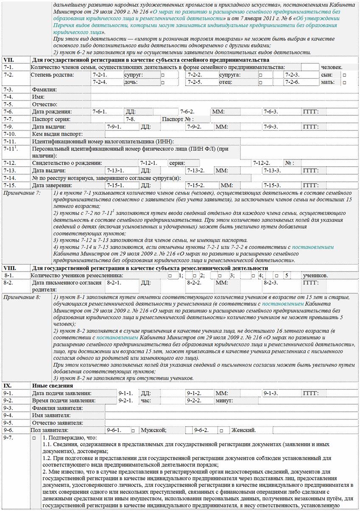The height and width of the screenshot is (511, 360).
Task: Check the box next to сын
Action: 344,75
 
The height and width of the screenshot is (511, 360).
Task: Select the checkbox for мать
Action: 344,82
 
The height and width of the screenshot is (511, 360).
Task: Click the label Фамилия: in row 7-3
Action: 45,90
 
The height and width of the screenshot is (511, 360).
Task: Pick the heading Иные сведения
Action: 53,386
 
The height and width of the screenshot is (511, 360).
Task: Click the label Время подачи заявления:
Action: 64,400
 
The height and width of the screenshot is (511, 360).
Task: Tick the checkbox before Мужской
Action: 133,430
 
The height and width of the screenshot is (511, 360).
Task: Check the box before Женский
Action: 221,430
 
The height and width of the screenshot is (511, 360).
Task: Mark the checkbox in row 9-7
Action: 34,438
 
